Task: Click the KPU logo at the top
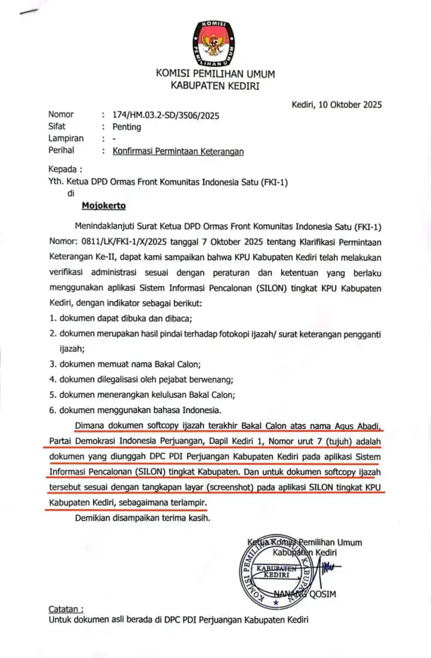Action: (x=215, y=43)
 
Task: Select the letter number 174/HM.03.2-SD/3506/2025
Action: (x=166, y=116)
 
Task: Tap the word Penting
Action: (x=127, y=127)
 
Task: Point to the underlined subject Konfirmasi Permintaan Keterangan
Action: (x=178, y=151)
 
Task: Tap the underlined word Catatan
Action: (x=66, y=609)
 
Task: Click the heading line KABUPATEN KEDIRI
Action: (x=215, y=85)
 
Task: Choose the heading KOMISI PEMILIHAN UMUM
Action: (x=215, y=73)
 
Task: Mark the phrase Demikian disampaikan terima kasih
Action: (x=142, y=518)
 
